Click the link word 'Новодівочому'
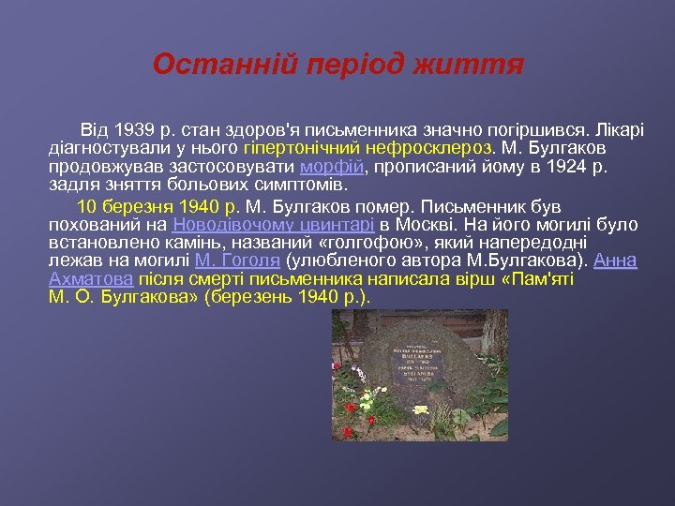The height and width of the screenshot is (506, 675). tap(226, 224)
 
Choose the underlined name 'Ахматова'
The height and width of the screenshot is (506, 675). tap(90, 279)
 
